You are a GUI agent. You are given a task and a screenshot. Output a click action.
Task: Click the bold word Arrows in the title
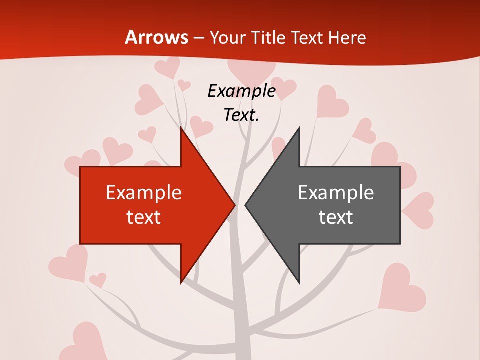(x=156, y=37)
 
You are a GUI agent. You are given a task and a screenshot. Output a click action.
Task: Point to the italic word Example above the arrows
(x=241, y=91)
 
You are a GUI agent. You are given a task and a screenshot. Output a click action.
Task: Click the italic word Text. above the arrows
(x=241, y=115)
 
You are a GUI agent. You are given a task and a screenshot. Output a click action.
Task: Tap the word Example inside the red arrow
(x=144, y=192)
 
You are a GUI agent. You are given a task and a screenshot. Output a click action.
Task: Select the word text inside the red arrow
(x=144, y=217)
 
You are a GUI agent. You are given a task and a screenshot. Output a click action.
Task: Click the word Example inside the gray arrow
(x=336, y=192)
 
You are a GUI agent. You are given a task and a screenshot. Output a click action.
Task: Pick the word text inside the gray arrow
(x=336, y=217)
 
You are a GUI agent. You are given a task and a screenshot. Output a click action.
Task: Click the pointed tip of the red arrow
(x=234, y=204)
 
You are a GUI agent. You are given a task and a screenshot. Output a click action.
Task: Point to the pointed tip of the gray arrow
(x=245, y=204)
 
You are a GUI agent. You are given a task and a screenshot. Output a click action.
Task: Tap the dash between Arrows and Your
(x=198, y=38)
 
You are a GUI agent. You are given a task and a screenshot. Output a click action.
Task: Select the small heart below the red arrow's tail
(x=98, y=279)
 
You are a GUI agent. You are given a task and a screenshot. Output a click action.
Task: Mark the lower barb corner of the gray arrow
(x=299, y=283)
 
